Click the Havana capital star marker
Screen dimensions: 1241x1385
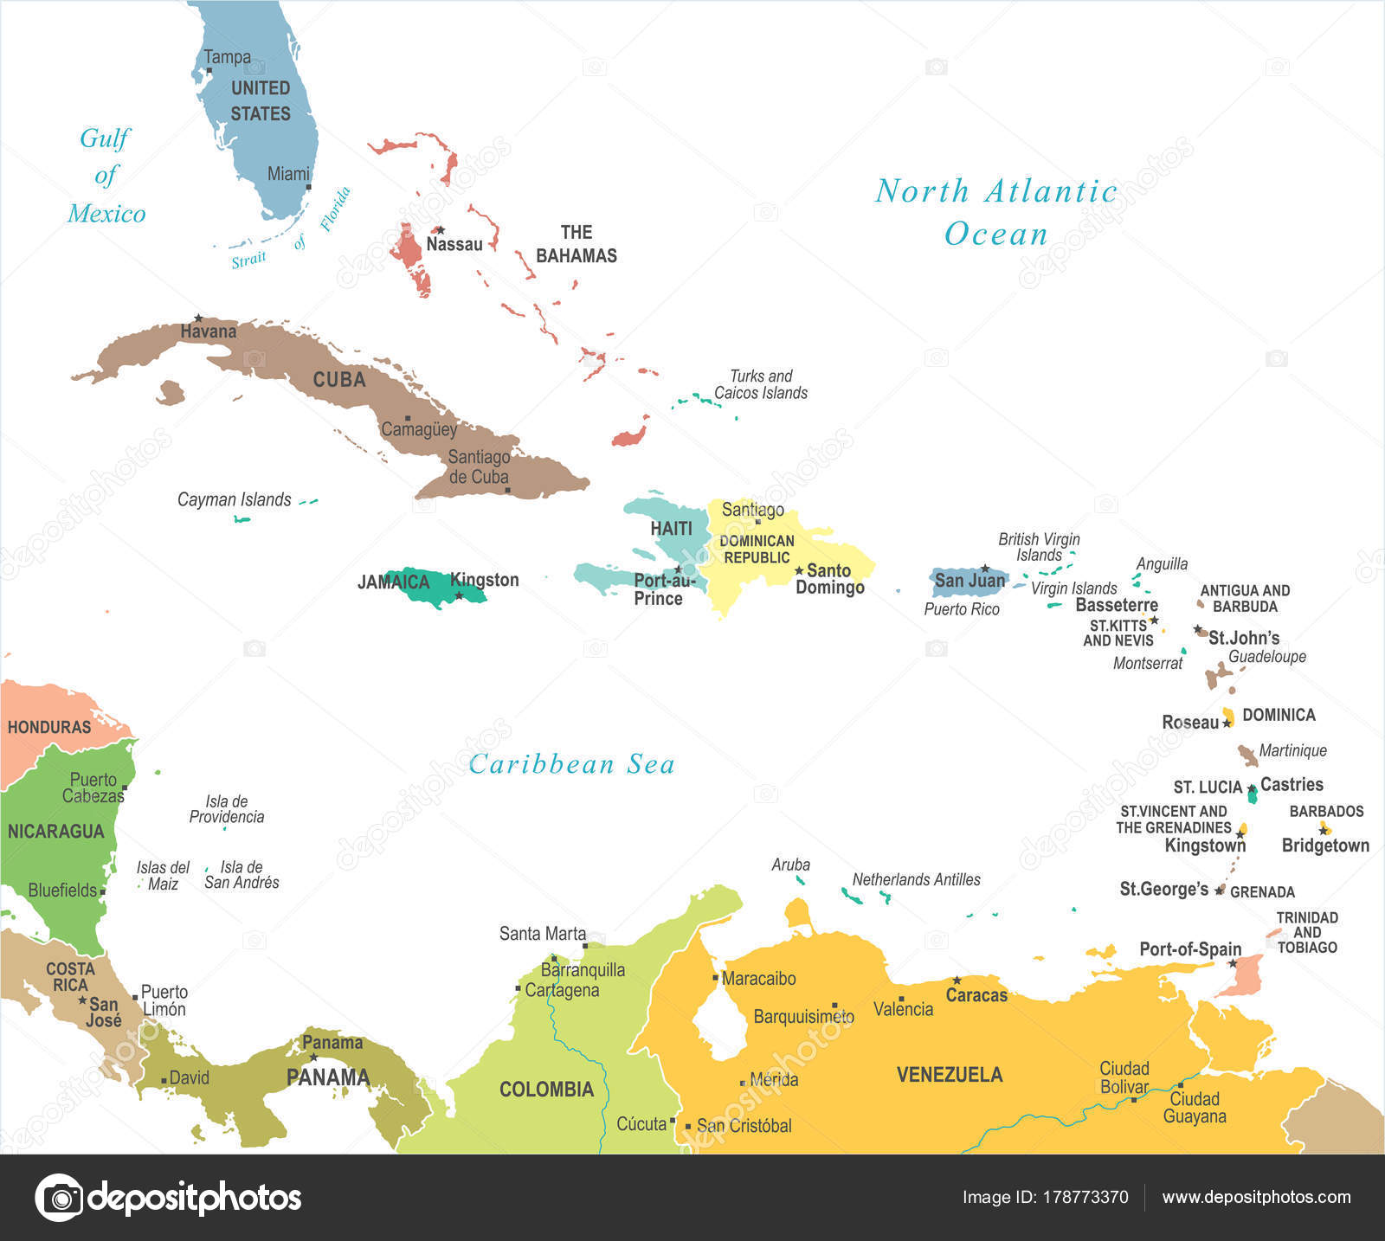pos(198,318)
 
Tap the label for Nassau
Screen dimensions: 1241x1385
pos(454,244)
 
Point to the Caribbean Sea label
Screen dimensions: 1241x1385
pos(571,764)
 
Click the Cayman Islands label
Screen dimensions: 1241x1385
pos(234,499)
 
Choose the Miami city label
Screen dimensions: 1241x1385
pos(288,174)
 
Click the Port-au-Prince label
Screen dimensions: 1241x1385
pos(662,589)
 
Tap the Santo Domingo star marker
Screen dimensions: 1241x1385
pos(799,571)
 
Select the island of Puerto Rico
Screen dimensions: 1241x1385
pos(968,582)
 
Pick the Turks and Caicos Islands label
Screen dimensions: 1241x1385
pos(760,384)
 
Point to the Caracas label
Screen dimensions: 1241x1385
pos(976,995)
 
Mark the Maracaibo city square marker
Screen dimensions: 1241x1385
pos(716,978)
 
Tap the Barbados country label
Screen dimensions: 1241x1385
pos(1326,811)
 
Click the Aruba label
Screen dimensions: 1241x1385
pos(790,865)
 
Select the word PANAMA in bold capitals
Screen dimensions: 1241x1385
pos(328,1077)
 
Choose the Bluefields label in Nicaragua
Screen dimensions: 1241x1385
pos(62,890)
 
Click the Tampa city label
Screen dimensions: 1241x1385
pos(227,57)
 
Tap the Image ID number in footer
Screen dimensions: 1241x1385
pos(1085,1198)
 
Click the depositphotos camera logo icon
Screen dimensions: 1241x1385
pos(59,1198)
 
